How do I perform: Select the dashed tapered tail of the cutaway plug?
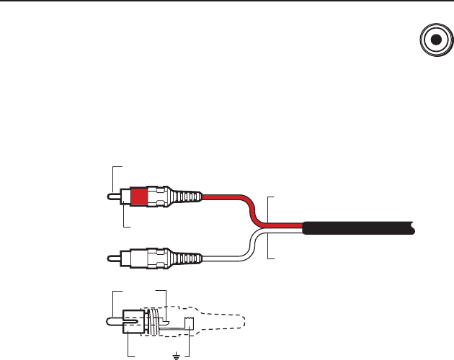tap(223, 320)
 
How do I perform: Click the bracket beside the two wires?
tap(269, 227)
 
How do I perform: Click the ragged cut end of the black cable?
tap(412, 229)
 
